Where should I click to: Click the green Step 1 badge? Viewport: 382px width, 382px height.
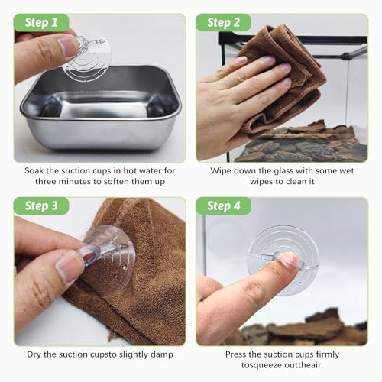tap(41, 23)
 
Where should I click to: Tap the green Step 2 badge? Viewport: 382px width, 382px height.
tap(223, 23)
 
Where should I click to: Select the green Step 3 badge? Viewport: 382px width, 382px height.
tap(41, 206)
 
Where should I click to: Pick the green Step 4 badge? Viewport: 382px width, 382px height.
tap(223, 206)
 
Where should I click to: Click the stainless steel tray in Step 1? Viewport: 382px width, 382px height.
tap(101, 108)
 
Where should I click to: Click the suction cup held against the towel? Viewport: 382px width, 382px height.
tap(108, 258)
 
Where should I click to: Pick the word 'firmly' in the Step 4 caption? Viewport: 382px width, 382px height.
tap(328, 354)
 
